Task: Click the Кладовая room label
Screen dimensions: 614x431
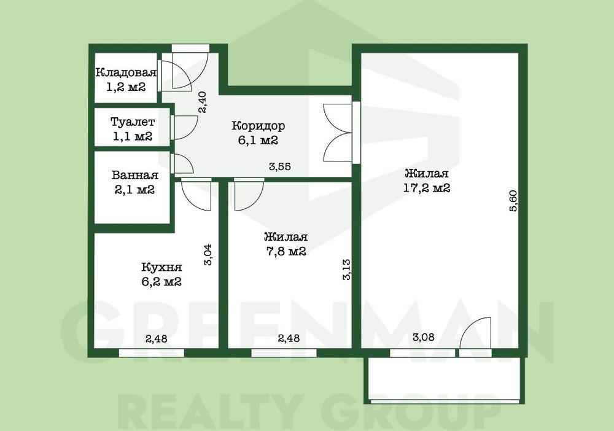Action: tap(126, 73)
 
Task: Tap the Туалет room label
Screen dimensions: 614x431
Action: tap(133, 122)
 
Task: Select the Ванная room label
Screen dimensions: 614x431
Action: tap(134, 175)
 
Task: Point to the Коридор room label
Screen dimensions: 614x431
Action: tap(258, 126)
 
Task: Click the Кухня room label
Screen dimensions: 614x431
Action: tap(161, 267)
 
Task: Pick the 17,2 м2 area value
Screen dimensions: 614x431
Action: tap(427, 188)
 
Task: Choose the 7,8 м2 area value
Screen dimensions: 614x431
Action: tap(286, 251)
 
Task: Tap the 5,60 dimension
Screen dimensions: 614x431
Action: tap(513, 201)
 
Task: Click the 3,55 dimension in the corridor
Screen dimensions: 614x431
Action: tap(279, 167)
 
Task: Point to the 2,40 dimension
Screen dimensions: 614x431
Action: tap(203, 102)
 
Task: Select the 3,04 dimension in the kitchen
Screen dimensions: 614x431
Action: tap(208, 255)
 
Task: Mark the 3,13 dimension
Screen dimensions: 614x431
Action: tap(346, 270)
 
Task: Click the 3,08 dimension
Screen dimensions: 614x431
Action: tap(423, 337)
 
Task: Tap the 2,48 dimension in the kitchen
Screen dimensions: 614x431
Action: tap(156, 339)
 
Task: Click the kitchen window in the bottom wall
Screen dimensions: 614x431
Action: tap(152, 353)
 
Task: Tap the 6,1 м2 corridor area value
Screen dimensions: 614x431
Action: tap(258, 140)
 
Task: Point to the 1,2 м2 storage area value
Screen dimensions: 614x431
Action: tap(126, 87)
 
